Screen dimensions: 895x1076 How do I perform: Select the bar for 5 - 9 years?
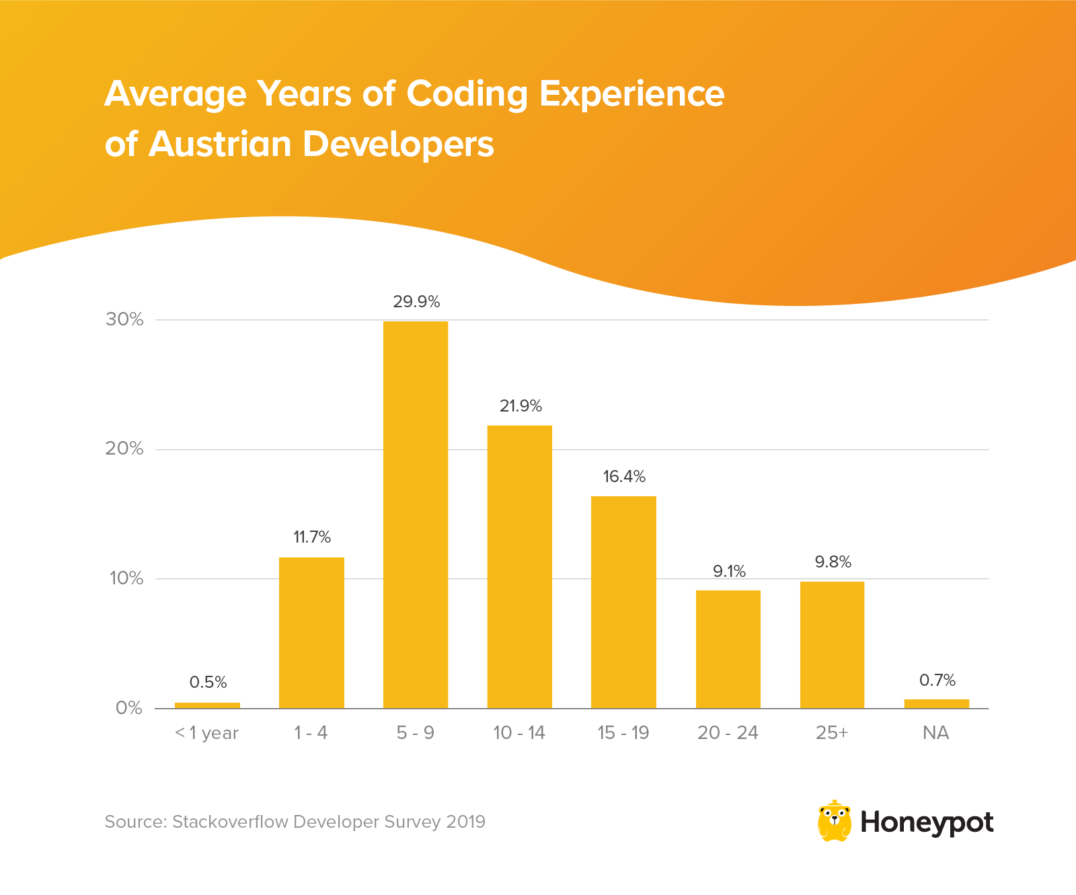click(x=416, y=514)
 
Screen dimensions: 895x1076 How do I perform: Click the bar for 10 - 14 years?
click(x=520, y=566)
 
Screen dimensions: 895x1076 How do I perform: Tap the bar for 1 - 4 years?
click(x=311, y=632)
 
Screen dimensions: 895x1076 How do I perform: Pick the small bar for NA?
click(x=937, y=703)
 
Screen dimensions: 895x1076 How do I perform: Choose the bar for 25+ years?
click(x=832, y=644)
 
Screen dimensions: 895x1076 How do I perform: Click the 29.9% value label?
click(x=416, y=302)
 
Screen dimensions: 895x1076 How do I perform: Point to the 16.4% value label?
click(x=624, y=477)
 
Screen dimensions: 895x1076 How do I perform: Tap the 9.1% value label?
click(x=729, y=572)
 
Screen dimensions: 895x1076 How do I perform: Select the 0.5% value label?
click(x=208, y=683)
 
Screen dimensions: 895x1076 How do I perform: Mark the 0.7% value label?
click(x=937, y=680)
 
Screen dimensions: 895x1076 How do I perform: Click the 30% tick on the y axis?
click(x=124, y=319)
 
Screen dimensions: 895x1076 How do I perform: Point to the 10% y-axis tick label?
click(x=126, y=578)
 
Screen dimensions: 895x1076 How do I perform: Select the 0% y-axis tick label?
click(x=129, y=708)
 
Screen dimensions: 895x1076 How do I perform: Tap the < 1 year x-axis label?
click(x=206, y=733)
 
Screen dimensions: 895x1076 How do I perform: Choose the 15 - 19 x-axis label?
click(x=623, y=733)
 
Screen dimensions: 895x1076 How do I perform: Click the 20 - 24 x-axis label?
click(x=728, y=733)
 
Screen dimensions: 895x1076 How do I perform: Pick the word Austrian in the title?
click(x=220, y=144)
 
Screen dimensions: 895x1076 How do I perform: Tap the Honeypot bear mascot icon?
click(x=834, y=821)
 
